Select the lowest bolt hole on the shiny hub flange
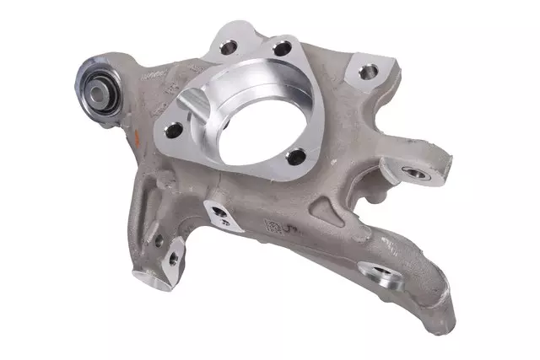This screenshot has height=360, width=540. tap(295, 157)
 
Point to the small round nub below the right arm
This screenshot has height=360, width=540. tap(372, 201)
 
